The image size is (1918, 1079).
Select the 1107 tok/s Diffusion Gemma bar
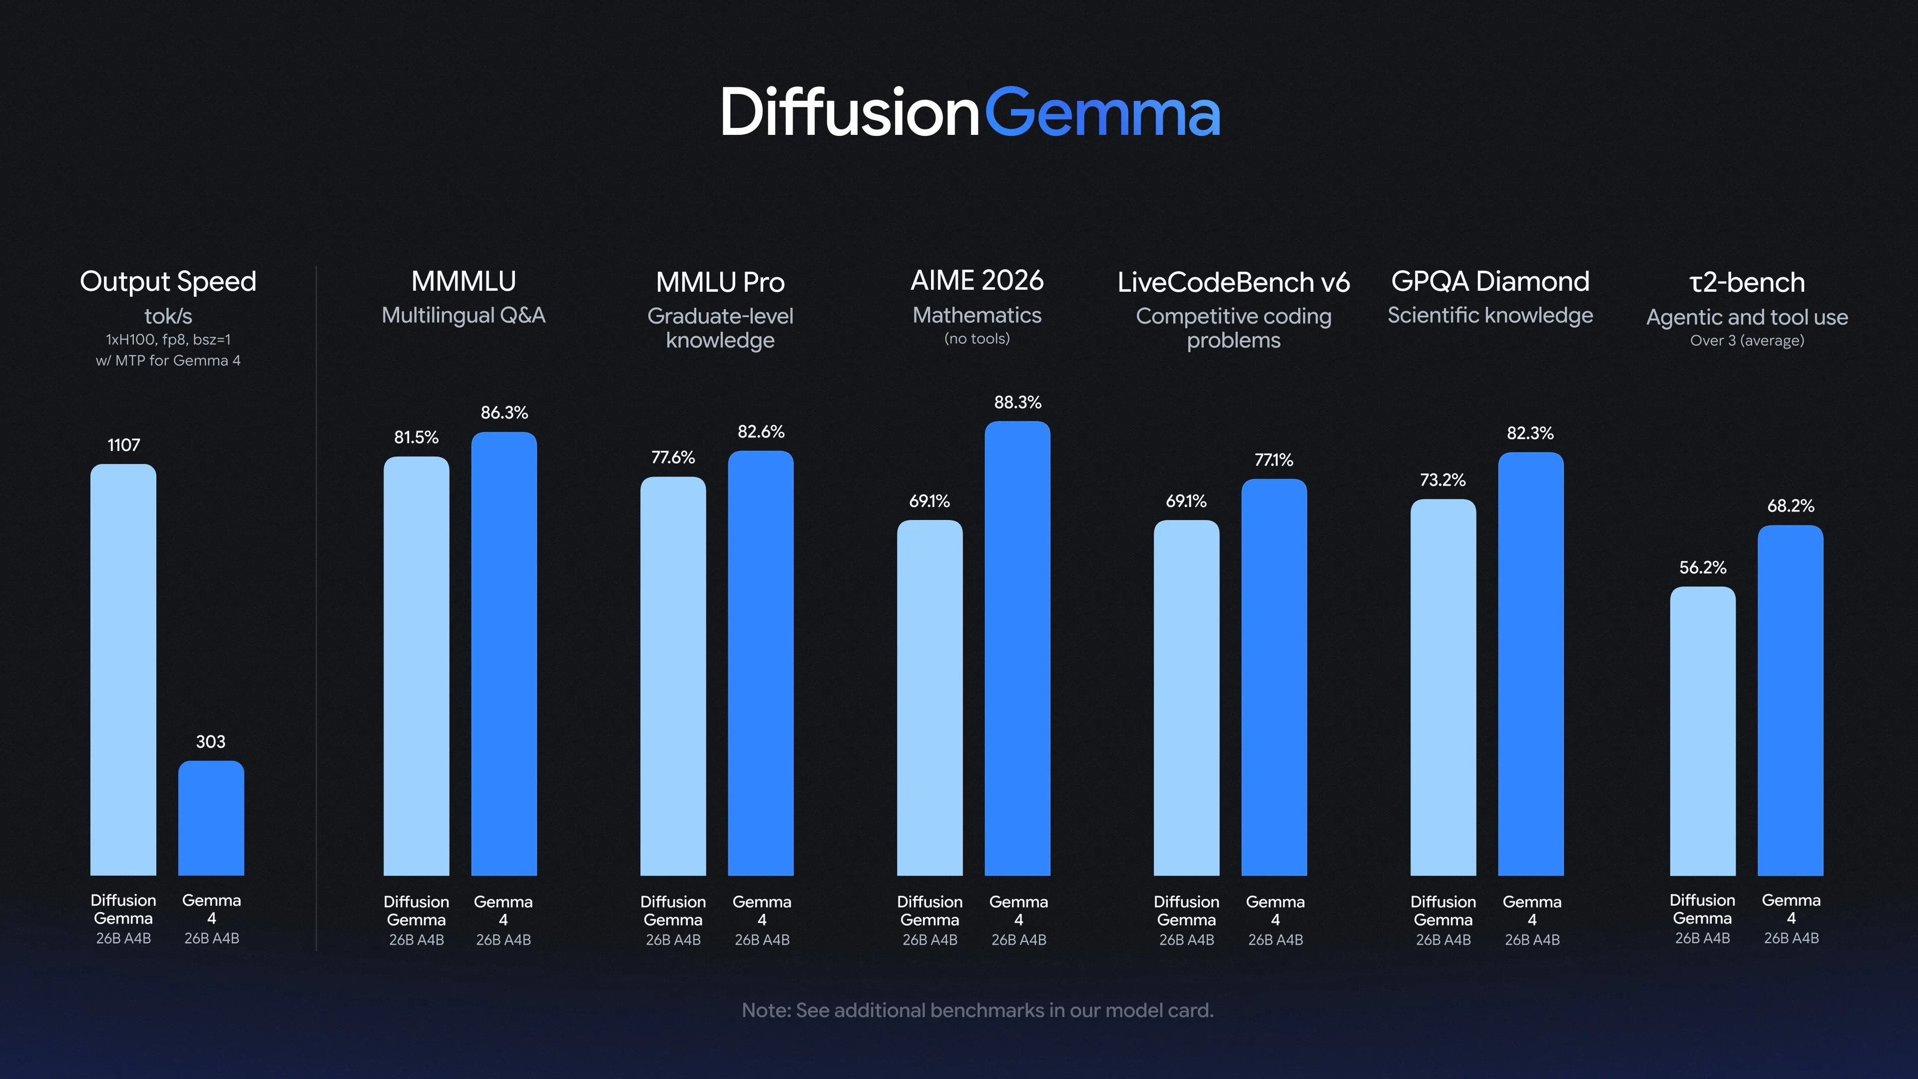tap(123, 669)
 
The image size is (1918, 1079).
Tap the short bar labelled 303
tap(211, 818)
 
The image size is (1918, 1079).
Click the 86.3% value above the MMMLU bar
tap(504, 413)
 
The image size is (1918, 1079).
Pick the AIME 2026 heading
tap(977, 281)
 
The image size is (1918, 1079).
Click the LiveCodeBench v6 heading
tap(1234, 282)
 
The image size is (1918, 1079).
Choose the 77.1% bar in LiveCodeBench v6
tap(1275, 677)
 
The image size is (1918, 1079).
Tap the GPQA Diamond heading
tap(1490, 281)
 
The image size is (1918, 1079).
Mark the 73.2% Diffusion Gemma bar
tap(1443, 687)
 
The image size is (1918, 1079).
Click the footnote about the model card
tap(977, 1011)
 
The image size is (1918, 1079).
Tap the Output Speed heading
tap(168, 281)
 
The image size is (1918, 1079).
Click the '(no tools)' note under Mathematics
tap(977, 339)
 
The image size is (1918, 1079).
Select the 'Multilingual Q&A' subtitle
tap(463, 316)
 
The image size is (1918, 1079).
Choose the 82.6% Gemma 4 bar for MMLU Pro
tap(761, 663)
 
